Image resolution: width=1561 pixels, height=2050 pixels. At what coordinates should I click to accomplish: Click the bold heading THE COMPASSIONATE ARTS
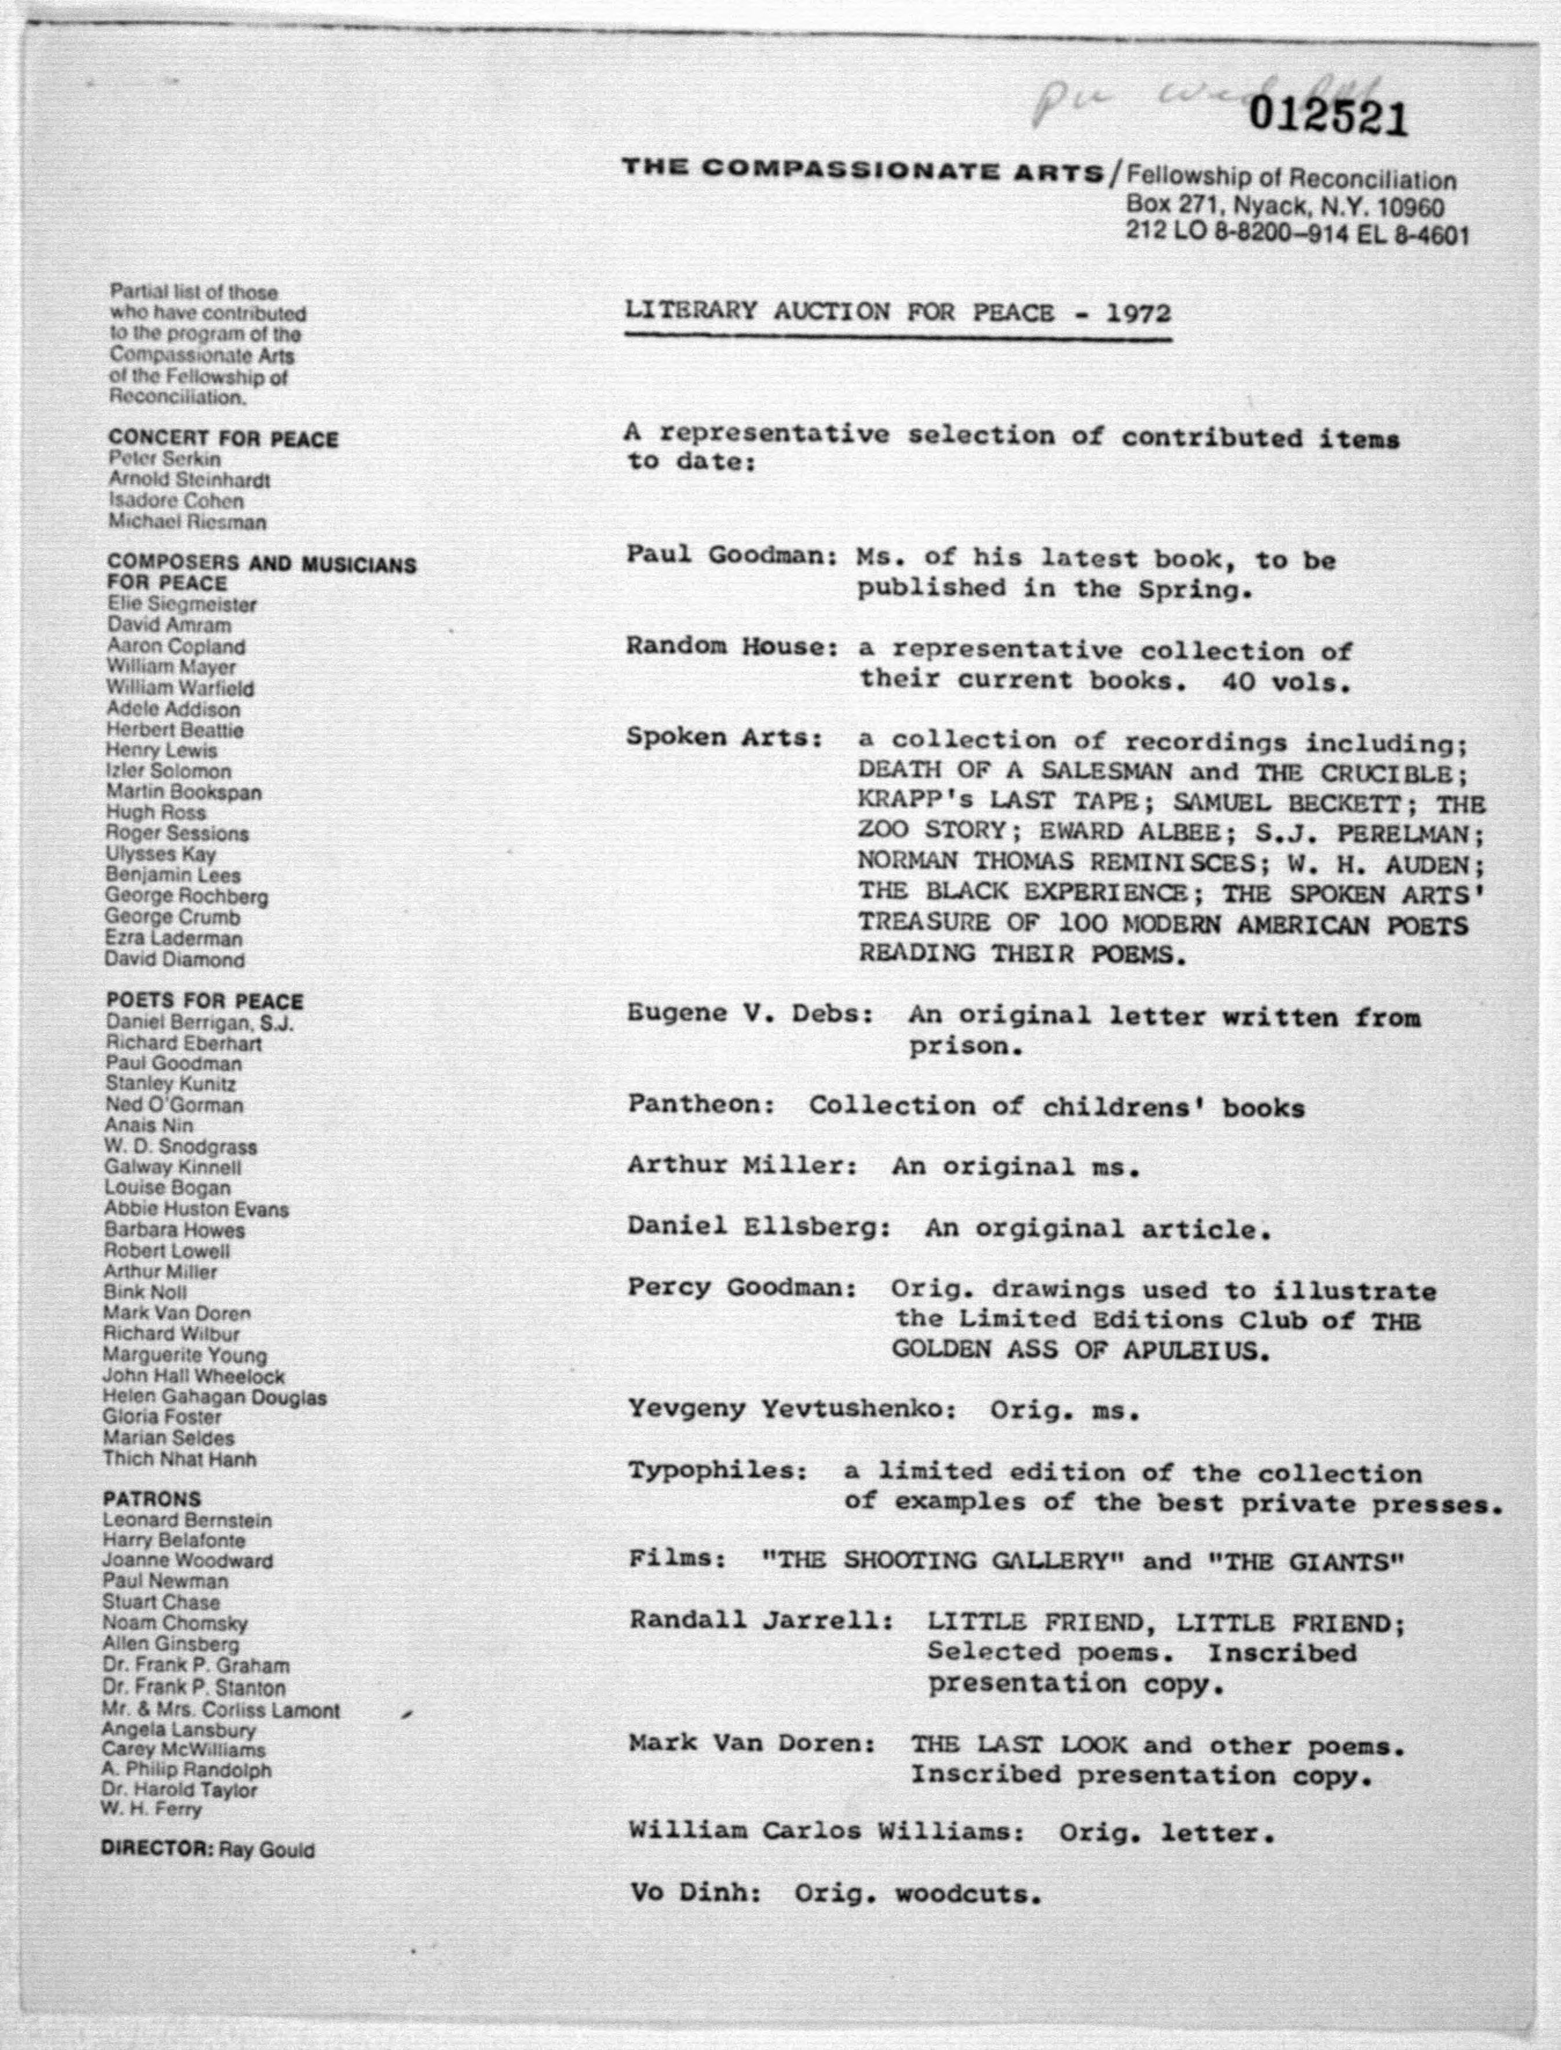coord(863,170)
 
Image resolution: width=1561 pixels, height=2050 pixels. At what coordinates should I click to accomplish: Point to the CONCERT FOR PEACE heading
coord(223,438)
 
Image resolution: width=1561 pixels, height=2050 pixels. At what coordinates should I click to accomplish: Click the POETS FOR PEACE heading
coord(204,1001)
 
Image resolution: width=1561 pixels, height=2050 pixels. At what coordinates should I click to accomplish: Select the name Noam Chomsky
coord(175,1624)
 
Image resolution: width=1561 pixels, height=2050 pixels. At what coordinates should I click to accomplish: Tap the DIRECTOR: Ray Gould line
coord(207,1849)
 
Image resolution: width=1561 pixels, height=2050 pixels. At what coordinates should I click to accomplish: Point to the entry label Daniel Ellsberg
coord(757,1227)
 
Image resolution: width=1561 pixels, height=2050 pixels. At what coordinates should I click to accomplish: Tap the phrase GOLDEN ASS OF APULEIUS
coord(1080,1349)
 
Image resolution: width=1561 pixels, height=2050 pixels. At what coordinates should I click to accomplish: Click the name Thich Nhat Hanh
coord(180,1459)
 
